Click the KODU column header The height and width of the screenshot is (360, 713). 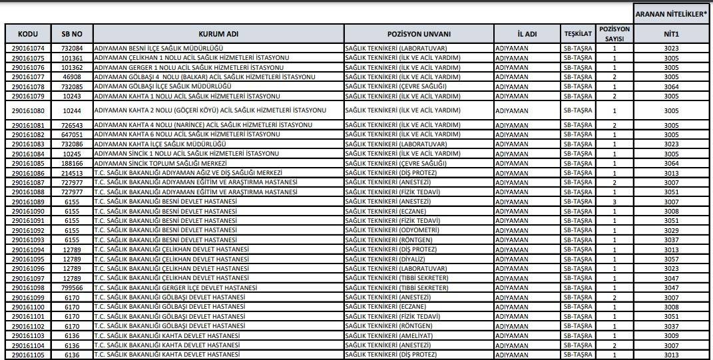pos(28,34)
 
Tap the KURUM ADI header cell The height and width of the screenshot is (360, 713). pos(218,34)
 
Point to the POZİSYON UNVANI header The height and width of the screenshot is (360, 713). pos(419,34)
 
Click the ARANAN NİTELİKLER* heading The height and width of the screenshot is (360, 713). pos(672,13)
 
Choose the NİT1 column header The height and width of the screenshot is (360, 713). pos(672,34)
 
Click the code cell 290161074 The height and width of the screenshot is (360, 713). pos(28,49)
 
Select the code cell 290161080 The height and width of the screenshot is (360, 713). pos(28,110)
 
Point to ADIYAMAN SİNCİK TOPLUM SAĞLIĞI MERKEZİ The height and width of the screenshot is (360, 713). pos(161,163)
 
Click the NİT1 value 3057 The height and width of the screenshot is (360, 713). pos(672,260)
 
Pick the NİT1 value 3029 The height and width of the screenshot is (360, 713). pos(672,230)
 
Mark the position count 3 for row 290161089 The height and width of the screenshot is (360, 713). pos(614,202)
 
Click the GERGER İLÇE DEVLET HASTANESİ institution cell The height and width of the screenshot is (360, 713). pos(175,288)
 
